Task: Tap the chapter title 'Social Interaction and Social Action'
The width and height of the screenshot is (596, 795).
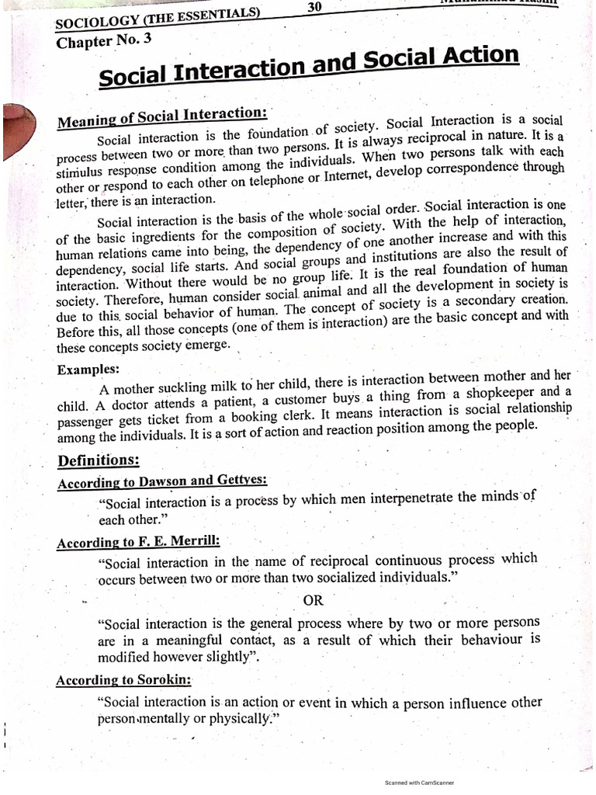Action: (309, 68)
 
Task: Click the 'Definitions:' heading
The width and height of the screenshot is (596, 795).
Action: (99, 460)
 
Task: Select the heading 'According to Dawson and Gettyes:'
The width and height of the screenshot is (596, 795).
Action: (147, 483)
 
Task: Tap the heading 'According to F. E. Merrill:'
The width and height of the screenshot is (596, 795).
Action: (133, 542)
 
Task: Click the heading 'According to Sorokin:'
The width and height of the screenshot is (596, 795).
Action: (124, 680)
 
